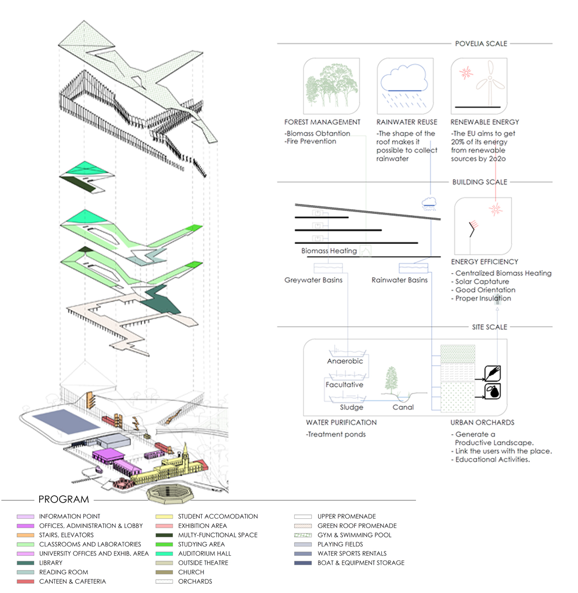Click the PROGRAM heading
point(64,499)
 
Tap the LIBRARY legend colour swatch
point(25,563)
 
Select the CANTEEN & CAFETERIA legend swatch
point(25,581)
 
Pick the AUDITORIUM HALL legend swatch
point(164,554)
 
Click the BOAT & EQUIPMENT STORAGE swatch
point(303,563)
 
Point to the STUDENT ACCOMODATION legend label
point(218,517)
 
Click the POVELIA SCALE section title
point(481,44)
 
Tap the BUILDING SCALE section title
point(480,182)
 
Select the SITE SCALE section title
point(489,327)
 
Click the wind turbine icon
point(490,83)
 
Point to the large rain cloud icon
point(404,78)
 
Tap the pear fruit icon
point(492,391)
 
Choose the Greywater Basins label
point(313,280)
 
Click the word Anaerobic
point(345,361)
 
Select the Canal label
point(403,407)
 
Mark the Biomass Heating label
point(329,251)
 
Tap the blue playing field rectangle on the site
point(66,421)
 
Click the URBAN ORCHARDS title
point(482,422)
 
